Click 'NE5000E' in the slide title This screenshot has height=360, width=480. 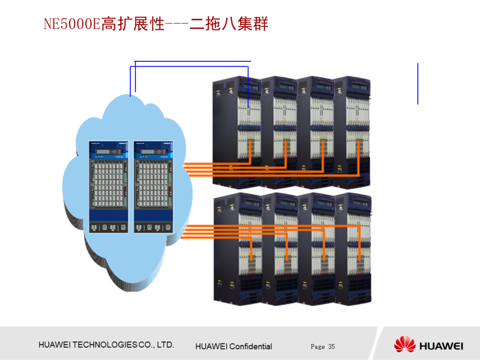pos(72,24)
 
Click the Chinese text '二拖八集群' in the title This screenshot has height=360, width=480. pos(229,24)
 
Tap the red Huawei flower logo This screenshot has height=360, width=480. pos(404,345)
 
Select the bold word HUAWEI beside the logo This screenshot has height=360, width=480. pos(441,346)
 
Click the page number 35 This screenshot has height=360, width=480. pos(332,347)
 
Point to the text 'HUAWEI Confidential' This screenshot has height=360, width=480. pos(234,347)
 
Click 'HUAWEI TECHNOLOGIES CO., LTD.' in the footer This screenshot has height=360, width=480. pos(106,345)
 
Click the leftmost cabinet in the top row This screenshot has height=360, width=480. pos(236,133)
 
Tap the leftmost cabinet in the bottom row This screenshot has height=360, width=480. pos(238,249)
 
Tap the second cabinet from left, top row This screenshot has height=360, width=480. pos(279,133)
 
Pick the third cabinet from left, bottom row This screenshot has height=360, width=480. pos(317,249)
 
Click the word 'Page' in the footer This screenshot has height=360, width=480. pos(318,347)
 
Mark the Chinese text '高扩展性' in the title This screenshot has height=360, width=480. pos(133,24)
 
